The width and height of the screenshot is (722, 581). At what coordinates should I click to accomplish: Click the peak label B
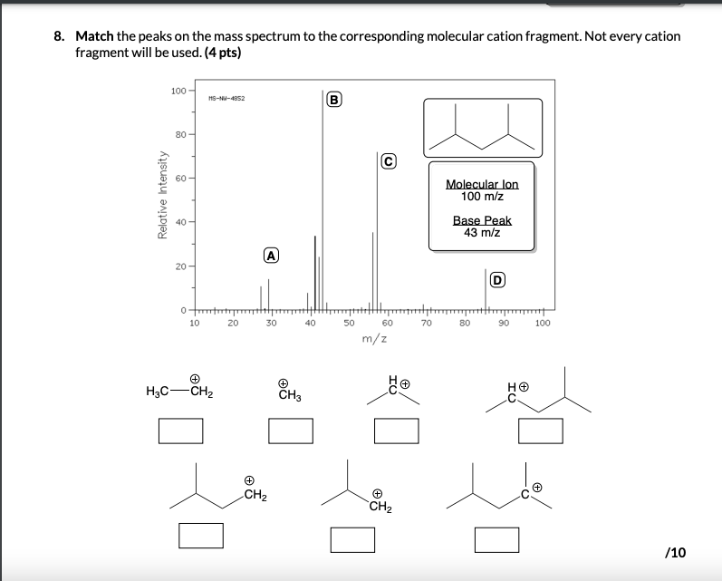[334, 99]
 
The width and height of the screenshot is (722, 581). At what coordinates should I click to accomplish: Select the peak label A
[270, 256]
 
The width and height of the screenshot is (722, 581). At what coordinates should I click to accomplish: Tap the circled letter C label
[389, 161]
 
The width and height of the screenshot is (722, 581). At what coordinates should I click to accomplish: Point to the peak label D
[496, 279]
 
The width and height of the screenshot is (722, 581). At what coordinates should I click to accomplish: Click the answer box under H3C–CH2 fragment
[181, 430]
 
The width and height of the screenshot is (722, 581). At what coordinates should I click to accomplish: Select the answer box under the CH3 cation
[291, 430]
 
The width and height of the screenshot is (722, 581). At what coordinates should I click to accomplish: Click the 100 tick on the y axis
[178, 92]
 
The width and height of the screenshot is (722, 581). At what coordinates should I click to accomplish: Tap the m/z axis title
[372, 339]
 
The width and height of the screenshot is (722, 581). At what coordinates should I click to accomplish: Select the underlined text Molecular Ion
[482, 185]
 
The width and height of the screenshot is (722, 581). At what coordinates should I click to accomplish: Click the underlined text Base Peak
[482, 220]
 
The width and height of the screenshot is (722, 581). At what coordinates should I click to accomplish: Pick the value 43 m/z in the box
[482, 232]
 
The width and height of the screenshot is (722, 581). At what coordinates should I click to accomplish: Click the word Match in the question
[93, 37]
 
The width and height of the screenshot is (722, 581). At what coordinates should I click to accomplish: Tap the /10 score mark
[675, 552]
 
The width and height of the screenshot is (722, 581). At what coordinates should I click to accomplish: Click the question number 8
[58, 37]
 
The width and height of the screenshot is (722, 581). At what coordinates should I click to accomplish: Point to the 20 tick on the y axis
[179, 266]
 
